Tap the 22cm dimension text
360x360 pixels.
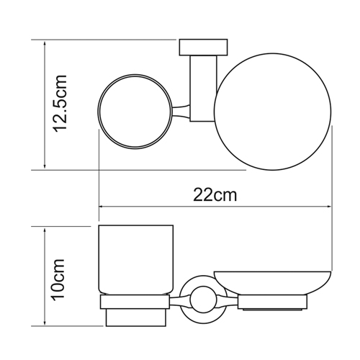click(x=215, y=195)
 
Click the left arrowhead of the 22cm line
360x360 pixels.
click(x=101, y=207)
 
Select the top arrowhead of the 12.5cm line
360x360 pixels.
click(x=45, y=41)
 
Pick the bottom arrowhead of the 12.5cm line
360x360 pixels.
click(x=45, y=167)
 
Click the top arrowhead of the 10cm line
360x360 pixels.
click(x=45, y=229)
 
